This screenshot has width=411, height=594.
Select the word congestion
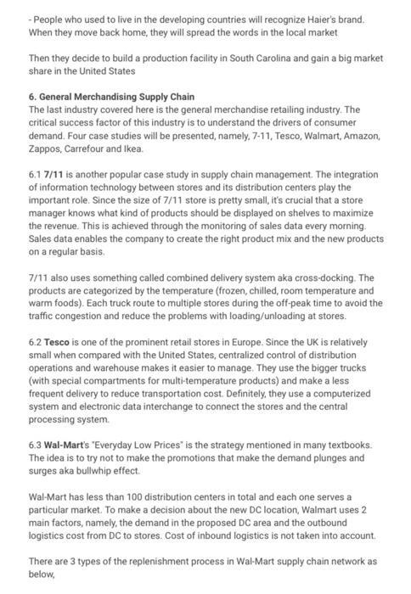[x=89, y=316]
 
